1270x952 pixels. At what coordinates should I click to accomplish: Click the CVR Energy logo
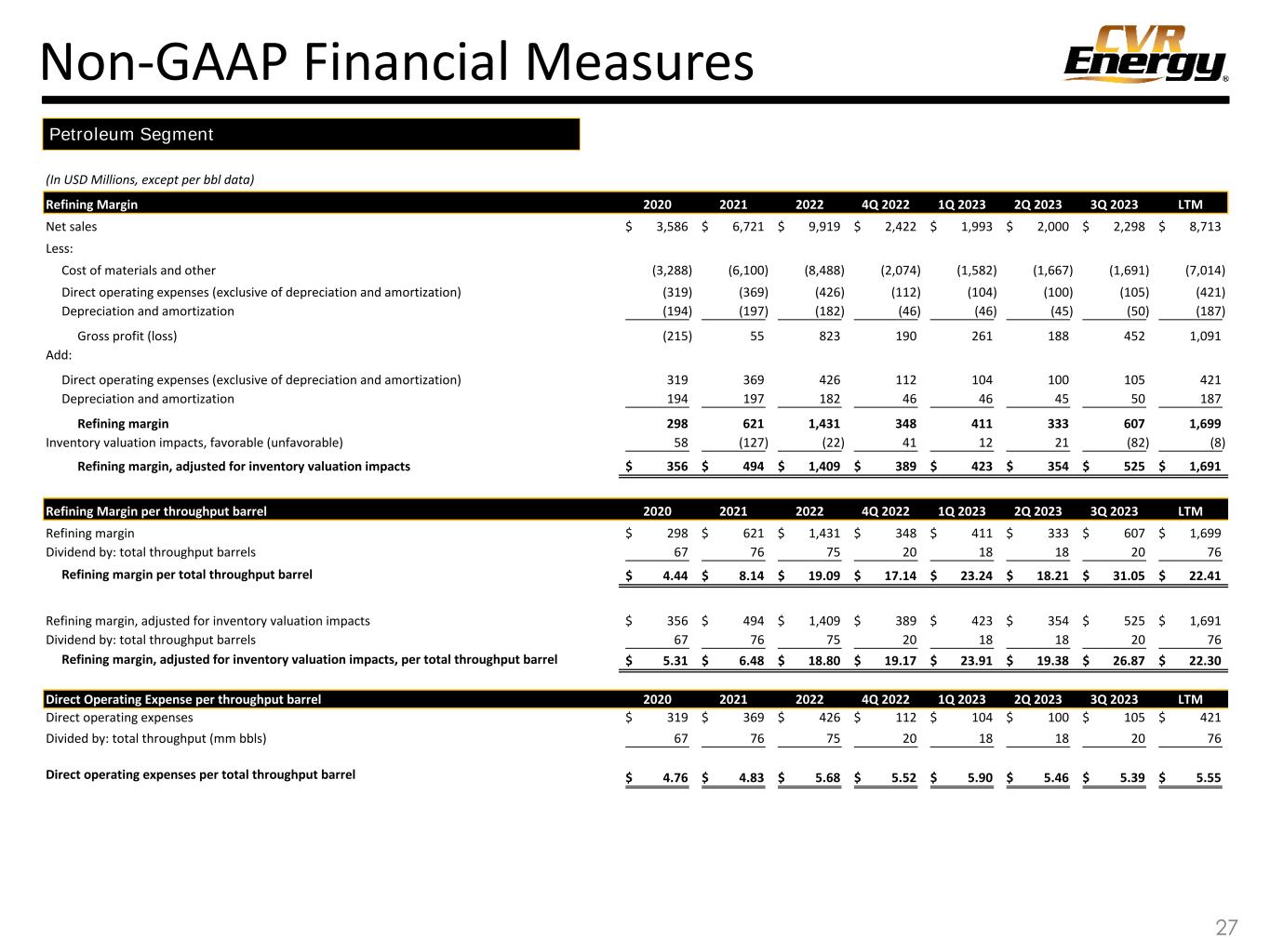[x=1145, y=54]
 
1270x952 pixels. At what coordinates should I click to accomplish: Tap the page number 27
[x=1226, y=927]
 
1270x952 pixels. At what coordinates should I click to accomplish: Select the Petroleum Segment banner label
[x=131, y=135]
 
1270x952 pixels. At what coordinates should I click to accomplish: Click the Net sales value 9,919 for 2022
[x=824, y=226]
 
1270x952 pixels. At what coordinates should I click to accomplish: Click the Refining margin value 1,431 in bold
[x=822, y=423]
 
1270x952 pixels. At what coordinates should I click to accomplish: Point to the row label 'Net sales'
[x=72, y=226]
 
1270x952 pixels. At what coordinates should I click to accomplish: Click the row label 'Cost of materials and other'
[x=139, y=271]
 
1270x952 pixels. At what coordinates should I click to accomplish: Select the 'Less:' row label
[x=60, y=248]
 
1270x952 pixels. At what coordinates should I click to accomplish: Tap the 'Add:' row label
[x=59, y=355]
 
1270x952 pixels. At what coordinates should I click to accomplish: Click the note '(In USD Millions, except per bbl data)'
[x=150, y=178]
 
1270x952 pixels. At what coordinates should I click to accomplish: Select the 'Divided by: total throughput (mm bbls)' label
[x=156, y=739]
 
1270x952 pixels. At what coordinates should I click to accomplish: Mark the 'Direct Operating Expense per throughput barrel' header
[x=183, y=699]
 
